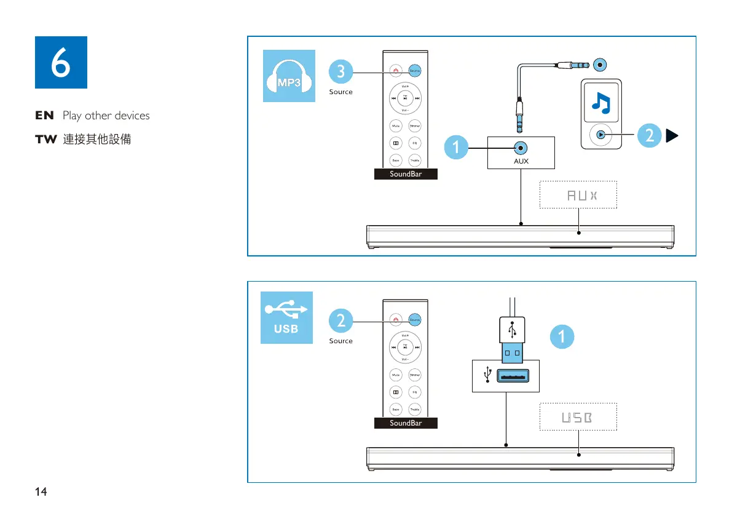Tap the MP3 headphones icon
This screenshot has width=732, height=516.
coord(289,76)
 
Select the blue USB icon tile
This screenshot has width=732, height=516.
coord(286,317)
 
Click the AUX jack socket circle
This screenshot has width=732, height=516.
coord(521,148)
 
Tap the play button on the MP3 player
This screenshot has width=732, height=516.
coord(600,135)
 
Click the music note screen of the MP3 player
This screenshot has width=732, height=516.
coord(601,102)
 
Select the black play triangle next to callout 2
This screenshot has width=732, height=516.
coord(673,136)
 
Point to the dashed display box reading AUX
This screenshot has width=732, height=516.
coord(578,195)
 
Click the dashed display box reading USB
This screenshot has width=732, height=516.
coord(578,417)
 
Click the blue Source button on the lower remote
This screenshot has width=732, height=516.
coord(415,320)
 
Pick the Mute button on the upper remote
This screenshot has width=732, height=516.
coord(396,126)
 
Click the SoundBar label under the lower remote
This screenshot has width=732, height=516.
coord(406,423)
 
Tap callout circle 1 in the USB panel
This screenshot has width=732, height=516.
coord(562,336)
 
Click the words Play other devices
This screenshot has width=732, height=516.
coord(106,116)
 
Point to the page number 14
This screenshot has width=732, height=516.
coord(41,491)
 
